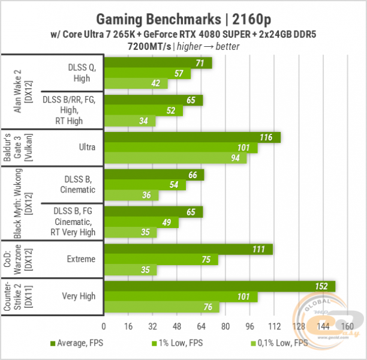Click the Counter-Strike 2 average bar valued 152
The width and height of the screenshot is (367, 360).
219,286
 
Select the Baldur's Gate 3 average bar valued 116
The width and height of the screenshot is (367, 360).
192,137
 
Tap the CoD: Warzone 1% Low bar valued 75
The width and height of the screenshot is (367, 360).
161,260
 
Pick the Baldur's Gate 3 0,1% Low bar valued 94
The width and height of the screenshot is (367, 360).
175,158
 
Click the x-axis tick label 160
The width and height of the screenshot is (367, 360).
347,326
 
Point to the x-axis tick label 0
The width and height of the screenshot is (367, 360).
104,326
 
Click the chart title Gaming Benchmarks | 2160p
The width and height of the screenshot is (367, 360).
183,16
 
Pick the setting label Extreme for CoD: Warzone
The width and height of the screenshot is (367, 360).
80,259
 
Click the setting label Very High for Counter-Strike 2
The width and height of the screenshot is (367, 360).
78,296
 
